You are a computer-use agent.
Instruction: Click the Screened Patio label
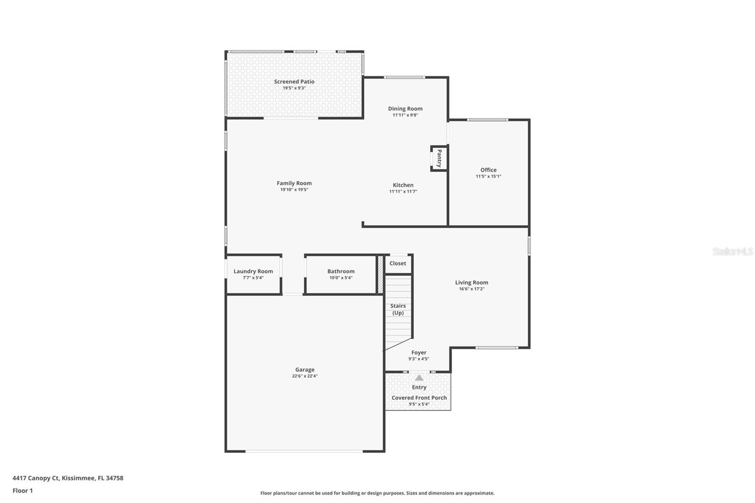tap(294, 82)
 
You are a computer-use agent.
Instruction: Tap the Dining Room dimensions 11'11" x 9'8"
tap(405, 115)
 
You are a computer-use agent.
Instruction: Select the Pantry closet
tap(439, 158)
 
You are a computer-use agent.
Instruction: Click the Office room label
tap(488, 170)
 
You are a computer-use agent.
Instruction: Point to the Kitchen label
tap(403, 185)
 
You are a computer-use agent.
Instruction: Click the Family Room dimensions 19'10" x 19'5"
tap(294, 190)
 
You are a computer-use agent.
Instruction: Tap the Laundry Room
tap(253, 274)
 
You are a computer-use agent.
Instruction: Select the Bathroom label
tap(341, 271)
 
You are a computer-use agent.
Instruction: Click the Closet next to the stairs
tap(398, 263)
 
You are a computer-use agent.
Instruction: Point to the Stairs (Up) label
tap(398, 309)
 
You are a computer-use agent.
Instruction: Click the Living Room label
tap(471, 283)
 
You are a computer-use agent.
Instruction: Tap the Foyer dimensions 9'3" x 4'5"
tap(419, 359)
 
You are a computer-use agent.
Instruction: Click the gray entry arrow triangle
tap(419, 377)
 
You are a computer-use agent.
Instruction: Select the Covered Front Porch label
tap(419, 398)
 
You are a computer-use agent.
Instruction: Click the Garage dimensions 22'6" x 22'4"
tap(305, 376)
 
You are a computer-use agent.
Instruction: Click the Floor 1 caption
tap(23, 491)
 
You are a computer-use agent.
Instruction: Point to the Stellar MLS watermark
tap(732, 251)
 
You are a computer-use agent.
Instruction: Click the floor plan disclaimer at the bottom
tap(377, 493)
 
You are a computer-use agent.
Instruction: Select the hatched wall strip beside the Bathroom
tap(380, 274)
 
